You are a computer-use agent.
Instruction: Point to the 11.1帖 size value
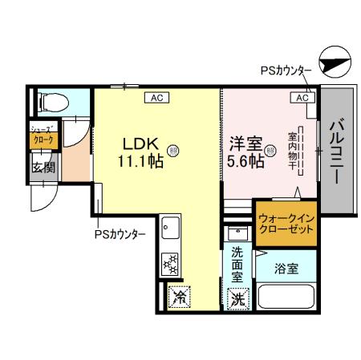143,161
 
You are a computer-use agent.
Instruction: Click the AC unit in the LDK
156,97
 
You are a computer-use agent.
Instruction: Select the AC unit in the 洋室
302,98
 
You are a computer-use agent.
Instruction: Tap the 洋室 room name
245,144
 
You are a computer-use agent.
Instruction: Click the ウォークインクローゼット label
286,222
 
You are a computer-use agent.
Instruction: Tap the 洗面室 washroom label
237,263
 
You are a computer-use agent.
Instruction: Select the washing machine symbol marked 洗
237,300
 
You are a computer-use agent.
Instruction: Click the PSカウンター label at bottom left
120,235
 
